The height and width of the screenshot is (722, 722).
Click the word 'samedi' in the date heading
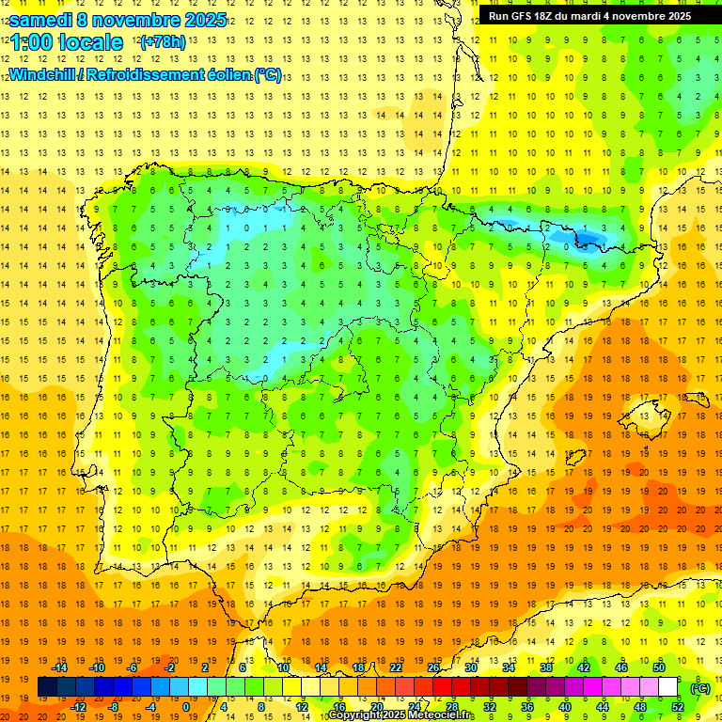click(41, 20)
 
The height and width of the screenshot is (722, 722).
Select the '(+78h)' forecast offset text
click(162, 42)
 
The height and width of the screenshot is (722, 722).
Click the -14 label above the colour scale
click(60, 667)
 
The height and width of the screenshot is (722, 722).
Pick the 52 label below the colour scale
click(677, 706)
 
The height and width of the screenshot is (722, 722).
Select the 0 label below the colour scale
click(186, 706)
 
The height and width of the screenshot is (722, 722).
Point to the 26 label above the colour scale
click(433, 667)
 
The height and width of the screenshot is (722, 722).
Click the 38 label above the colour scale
click(546, 667)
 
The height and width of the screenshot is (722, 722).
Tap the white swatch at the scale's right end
click(667, 687)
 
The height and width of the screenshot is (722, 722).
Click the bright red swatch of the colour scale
click(443, 687)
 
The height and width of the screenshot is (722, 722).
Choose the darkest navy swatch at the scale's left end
click(47, 687)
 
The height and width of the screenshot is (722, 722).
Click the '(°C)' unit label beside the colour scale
click(699, 688)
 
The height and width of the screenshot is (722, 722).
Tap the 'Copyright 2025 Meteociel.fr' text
click(401, 715)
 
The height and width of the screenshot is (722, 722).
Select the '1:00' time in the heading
click(30, 42)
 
